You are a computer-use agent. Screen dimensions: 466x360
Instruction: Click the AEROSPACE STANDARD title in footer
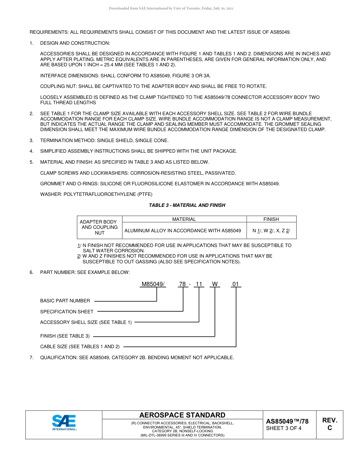click(x=182, y=415)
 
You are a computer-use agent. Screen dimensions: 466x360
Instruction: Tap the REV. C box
click(x=329, y=424)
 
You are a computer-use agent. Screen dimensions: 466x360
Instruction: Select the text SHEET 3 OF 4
click(x=284, y=428)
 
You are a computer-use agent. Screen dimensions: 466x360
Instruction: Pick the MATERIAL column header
click(x=184, y=219)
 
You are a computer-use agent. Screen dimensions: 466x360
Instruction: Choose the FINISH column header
click(x=271, y=219)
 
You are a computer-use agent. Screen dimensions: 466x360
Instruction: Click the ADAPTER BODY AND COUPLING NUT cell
click(x=100, y=227)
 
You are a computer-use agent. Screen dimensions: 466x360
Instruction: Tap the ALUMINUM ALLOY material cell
click(x=183, y=230)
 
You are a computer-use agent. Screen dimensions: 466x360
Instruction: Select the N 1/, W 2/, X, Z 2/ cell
click(x=271, y=230)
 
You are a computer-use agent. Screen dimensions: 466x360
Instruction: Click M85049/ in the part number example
click(x=153, y=284)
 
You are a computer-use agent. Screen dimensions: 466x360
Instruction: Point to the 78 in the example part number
click(x=183, y=284)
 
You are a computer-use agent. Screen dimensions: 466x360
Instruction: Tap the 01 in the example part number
click(x=236, y=284)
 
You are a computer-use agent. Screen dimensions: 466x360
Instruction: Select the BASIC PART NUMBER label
click(x=65, y=301)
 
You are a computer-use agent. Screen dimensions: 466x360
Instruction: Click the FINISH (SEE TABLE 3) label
click(x=65, y=336)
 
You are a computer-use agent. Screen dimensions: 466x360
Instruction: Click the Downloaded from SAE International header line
click(x=171, y=8)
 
